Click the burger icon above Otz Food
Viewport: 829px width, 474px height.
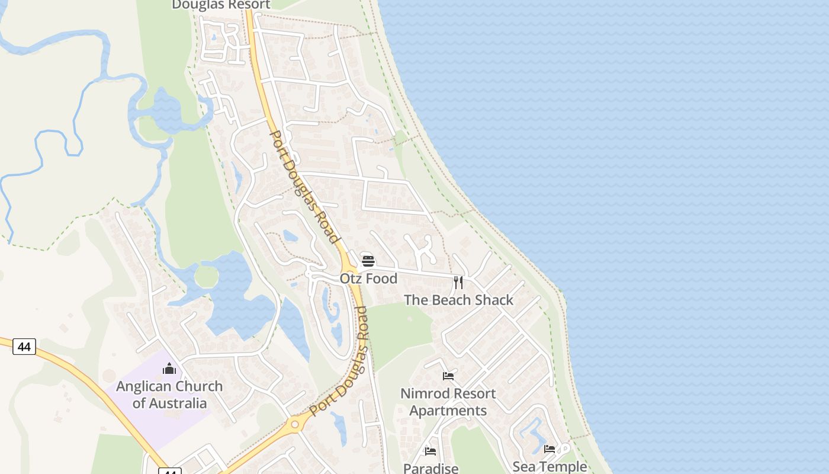[368, 261]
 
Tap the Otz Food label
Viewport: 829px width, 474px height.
[368, 278]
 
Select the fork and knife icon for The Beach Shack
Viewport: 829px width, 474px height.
[458, 282]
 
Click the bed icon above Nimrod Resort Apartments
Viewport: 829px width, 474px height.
[448, 376]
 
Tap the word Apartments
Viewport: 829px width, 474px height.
[448, 411]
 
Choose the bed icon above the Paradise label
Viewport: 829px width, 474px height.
[430, 451]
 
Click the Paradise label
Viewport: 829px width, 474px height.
[430, 468]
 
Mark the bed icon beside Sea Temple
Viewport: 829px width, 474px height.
[550, 449]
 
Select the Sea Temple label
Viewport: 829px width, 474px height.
[550, 467]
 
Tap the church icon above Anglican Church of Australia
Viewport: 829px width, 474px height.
[169, 369]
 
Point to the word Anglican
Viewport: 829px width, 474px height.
[145, 386]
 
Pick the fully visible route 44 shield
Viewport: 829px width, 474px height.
[24, 347]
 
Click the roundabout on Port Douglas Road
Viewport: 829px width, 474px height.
[294, 424]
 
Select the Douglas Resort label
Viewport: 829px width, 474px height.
[221, 5]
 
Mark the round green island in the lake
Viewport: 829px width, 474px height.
[206, 276]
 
